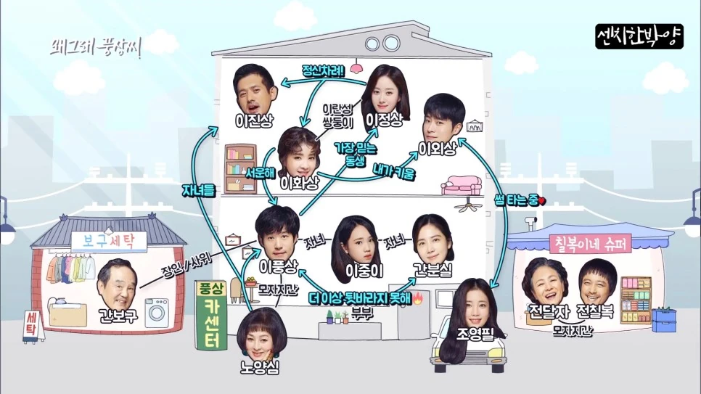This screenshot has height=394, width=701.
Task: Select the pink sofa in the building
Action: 462,184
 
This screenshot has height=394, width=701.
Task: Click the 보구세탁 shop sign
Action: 108,239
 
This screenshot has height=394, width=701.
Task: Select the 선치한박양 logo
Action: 639,37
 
